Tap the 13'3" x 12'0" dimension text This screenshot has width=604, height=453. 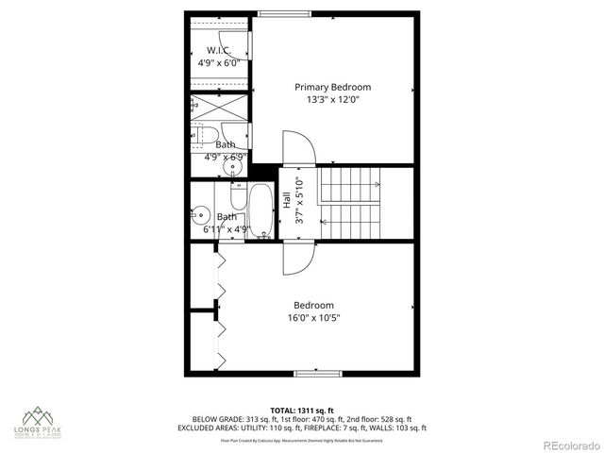point(332,99)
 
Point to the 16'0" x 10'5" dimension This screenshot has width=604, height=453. point(312,318)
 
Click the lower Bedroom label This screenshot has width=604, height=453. point(313,305)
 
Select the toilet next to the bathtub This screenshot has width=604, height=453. point(236,198)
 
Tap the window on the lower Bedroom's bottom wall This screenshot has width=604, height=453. point(311,375)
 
